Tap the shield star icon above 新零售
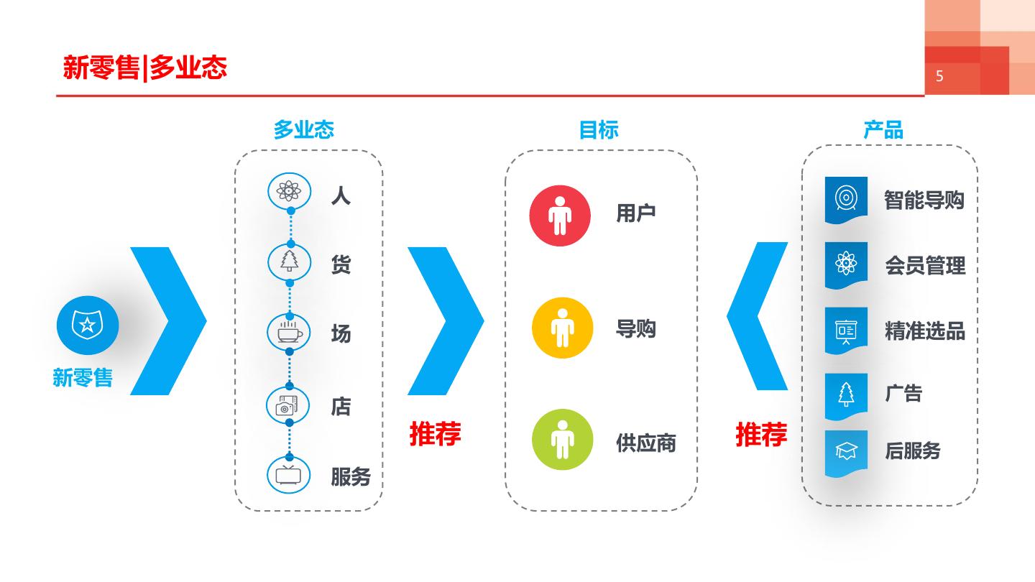[88, 325]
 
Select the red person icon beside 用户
[560, 215]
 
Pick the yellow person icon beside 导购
[562, 328]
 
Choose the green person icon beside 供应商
[562, 439]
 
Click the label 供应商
[645, 443]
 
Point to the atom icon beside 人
[289, 190]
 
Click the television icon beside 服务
[289, 475]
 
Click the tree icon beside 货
[289, 262]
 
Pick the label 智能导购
[924, 200]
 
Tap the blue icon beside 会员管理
[846, 264]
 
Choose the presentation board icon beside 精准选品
[846, 330]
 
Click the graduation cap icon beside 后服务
[846, 451]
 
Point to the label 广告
[903, 393]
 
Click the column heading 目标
[599, 130]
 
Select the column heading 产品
[883, 130]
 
